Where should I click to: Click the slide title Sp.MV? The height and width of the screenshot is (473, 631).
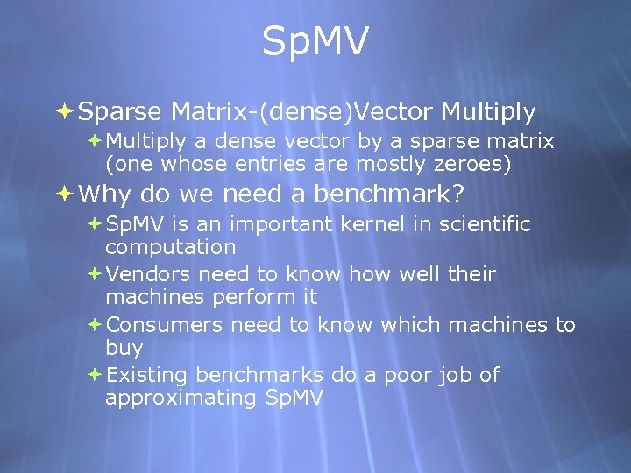coord(315,42)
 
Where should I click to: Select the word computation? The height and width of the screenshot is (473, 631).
coord(170,247)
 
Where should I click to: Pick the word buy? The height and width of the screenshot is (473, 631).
coord(124,349)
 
